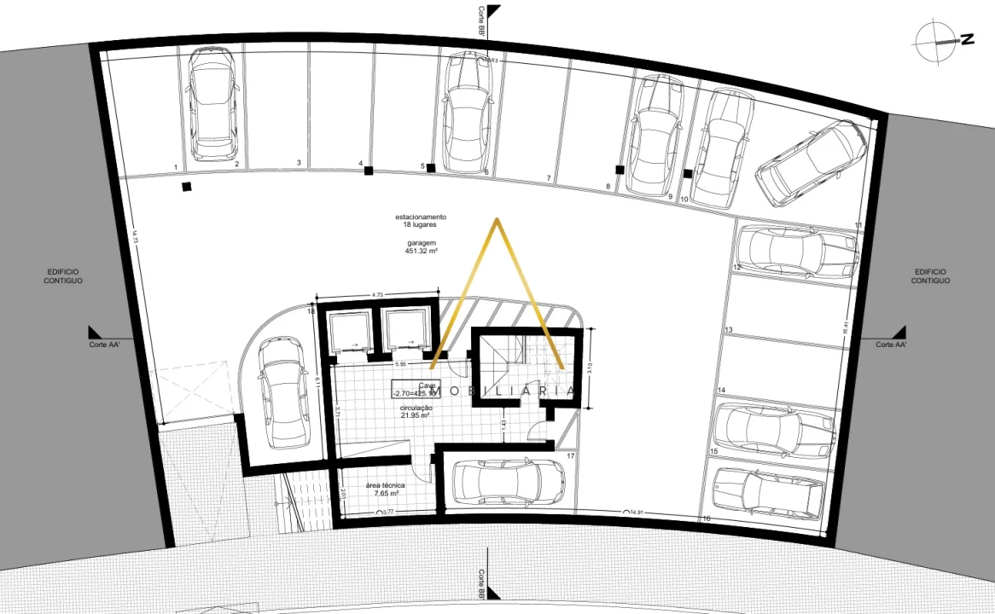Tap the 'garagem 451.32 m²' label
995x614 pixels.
click(422, 247)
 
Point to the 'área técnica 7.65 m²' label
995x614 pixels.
click(386, 489)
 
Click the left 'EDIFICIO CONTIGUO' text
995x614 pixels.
click(63, 276)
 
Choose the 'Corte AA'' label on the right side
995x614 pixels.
click(891, 345)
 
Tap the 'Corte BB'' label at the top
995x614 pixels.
click(482, 20)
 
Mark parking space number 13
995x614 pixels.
click(728, 330)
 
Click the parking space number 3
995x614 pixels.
click(299, 162)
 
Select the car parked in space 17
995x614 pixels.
click(508, 484)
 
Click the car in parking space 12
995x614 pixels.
click(794, 251)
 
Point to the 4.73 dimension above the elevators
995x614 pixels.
click(376, 295)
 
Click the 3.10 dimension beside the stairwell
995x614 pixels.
click(591, 368)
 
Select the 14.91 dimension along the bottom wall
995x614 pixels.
click(636, 513)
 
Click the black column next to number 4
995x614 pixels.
click(369, 171)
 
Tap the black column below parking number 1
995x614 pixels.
click(186, 187)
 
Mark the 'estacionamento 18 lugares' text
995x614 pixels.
click(421, 220)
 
